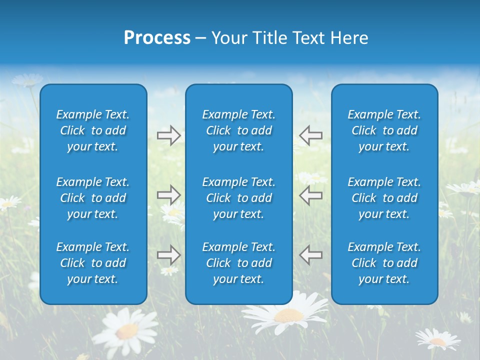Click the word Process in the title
(x=157, y=38)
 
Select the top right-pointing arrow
(x=168, y=135)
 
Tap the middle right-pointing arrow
(x=168, y=194)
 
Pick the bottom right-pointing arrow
(x=168, y=255)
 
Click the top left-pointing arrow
(x=310, y=135)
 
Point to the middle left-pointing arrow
(x=310, y=194)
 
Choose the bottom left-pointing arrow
(x=310, y=255)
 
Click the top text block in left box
(x=93, y=130)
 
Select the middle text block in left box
(x=93, y=198)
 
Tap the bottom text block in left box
(x=93, y=263)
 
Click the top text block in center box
(x=238, y=130)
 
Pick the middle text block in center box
(x=238, y=198)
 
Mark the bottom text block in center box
(x=238, y=263)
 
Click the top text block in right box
(x=384, y=130)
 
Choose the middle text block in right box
(x=384, y=198)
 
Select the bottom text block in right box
(x=384, y=263)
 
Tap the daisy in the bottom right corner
(x=437, y=340)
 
